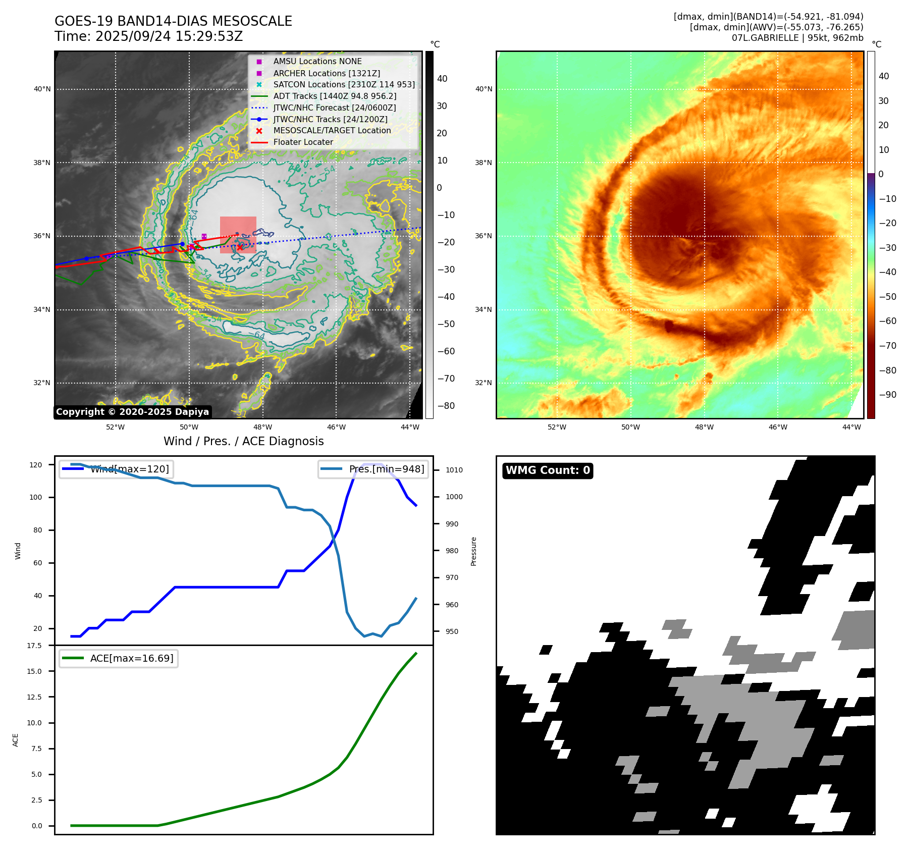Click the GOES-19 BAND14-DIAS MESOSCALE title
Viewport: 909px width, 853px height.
click(173, 21)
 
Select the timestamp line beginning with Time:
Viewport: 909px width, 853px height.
click(148, 36)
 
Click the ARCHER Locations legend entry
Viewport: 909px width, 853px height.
click(327, 73)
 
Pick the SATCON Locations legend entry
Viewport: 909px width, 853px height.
click(344, 84)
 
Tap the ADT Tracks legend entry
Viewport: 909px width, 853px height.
click(335, 96)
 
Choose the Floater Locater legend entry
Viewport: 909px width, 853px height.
click(303, 142)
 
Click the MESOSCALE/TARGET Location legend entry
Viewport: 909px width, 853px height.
click(332, 130)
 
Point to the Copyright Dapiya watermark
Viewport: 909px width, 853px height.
click(132, 412)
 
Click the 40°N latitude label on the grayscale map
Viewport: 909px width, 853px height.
click(42, 89)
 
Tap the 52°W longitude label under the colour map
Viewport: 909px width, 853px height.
click(557, 427)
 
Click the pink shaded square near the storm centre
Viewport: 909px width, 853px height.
click(238, 235)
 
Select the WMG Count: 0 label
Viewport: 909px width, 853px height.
click(548, 470)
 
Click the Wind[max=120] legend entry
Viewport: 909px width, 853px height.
click(129, 469)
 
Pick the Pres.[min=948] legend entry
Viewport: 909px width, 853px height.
click(387, 469)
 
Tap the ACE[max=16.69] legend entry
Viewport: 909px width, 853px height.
click(131, 658)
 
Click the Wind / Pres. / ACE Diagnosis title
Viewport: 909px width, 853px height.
click(243, 441)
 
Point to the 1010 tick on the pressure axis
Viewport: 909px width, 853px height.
click(454, 470)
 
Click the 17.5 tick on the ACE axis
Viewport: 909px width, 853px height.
click(35, 646)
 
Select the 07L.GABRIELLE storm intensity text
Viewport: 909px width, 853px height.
click(797, 38)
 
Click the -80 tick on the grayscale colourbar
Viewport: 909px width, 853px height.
click(446, 406)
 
